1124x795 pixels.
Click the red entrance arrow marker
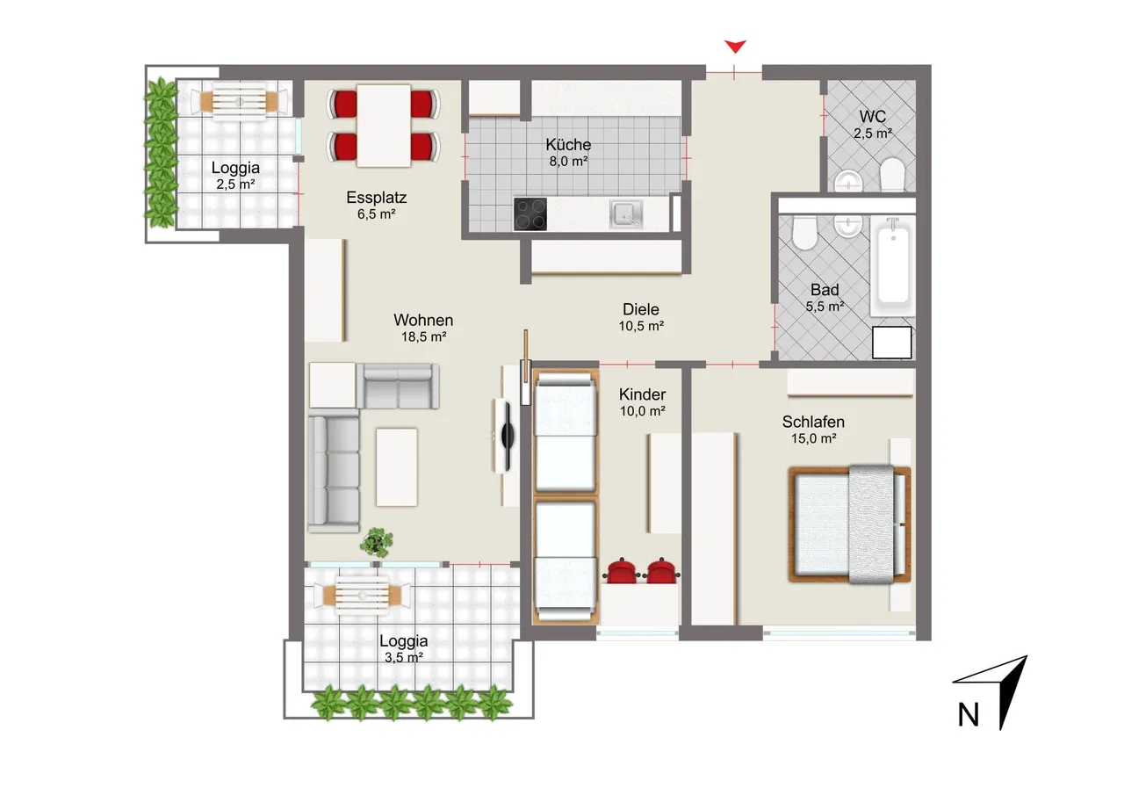tap(735, 47)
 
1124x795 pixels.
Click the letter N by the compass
tap(968, 715)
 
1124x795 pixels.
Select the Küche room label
tap(568, 145)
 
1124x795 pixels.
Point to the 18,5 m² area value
tap(423, 336)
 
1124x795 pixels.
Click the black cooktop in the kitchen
tap(530, 214)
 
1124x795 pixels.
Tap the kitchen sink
tap(626, 213)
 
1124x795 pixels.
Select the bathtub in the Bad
tap(893, 266)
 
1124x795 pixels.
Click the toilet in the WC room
tap(892, 174)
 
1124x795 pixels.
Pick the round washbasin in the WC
tap(848, 181)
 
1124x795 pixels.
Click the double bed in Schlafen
tap(849, 524)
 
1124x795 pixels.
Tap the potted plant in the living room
tap(377, 542)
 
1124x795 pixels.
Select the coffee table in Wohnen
tap(396, 467)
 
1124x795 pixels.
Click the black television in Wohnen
tap(508, 436)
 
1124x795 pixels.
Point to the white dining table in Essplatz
tap(384, 126)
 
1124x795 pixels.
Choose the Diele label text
tap(641, 309)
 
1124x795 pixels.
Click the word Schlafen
tap(813, 422)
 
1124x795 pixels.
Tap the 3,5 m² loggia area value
tap(404, 657)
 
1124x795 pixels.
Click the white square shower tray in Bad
tap(891, 343)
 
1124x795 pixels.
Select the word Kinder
tap(642, 394)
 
